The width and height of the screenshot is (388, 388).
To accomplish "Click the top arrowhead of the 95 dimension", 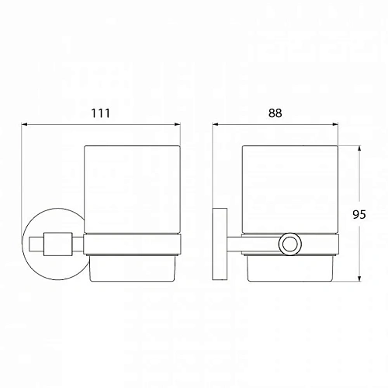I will (x=359, y=147).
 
